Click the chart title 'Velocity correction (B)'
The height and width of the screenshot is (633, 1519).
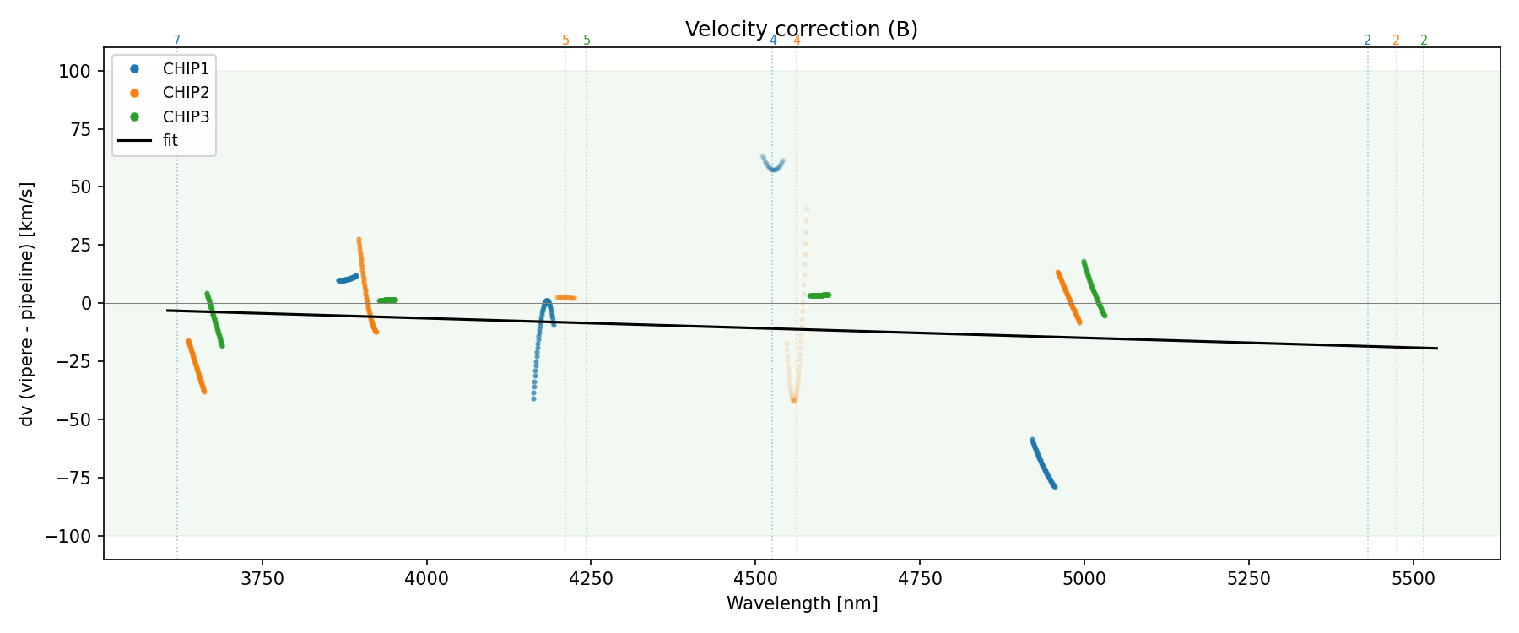point(801,30)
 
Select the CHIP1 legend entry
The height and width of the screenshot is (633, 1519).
point(185,69)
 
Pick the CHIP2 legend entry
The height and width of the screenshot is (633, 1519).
point(185,93)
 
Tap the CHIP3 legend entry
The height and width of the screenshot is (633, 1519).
point(185,116)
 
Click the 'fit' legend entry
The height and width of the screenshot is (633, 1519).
point(170,141)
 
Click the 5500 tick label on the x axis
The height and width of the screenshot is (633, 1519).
point(1413,579)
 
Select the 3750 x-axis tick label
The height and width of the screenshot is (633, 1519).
point(262,579)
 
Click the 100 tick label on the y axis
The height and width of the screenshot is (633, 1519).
point(74,72)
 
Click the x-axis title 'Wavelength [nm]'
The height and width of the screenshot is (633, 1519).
point(802,603)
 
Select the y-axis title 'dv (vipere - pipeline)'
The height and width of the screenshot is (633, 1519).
point(28,304)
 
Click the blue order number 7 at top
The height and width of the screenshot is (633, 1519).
point(177,41)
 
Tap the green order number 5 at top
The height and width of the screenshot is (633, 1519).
point(587,41)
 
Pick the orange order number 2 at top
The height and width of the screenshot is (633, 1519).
point(1396,41)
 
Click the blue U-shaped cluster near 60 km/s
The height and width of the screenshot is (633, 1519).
point(773,165)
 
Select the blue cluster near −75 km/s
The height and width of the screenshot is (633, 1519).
point(1043,463)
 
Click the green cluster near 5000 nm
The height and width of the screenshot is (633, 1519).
point(1093,288)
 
